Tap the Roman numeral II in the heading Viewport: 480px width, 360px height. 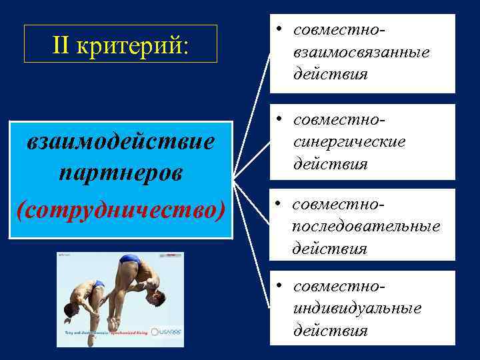[x=64, y=45]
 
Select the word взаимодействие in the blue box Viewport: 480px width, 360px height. [x=121, y=142]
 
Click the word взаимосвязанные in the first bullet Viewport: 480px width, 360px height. [x=361, y=51]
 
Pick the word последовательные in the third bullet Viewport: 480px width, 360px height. [x=366, y=226]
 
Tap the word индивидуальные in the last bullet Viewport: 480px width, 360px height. [x=357, y=308]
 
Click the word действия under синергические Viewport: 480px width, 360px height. [x=330, y=164]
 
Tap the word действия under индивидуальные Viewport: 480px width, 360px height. [x=330, y=331]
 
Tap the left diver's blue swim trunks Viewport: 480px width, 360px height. [x=99, y=285]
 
